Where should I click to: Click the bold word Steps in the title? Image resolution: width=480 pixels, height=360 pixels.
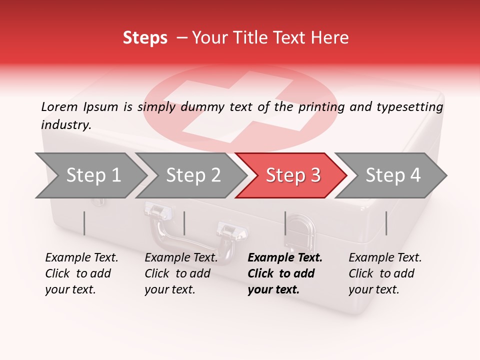pos(145,38)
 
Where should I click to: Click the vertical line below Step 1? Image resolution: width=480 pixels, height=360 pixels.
pos(84,223)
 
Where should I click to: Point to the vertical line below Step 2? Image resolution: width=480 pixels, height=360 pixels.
pos(184,223)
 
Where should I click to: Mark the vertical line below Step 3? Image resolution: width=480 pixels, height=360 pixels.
pos(285,223)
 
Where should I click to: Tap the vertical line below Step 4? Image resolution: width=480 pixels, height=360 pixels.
pos(386,223)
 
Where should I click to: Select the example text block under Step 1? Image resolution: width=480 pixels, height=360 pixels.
pos(81,273)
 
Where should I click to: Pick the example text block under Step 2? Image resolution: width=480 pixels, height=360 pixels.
pos(181,273)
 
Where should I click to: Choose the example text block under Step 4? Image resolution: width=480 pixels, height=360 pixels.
pos(385,273)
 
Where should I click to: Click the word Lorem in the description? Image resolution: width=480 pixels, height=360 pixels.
pos(59,106)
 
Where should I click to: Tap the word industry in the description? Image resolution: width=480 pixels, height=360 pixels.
pos(65,125)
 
